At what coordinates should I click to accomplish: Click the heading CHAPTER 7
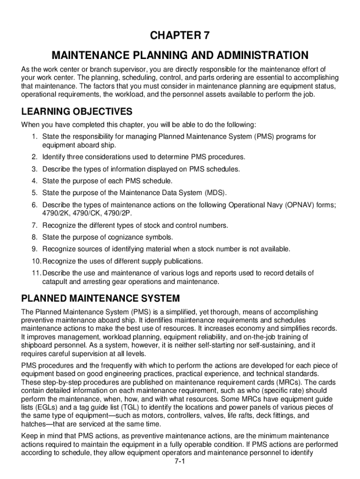pyautogui.click(x=180, y=36)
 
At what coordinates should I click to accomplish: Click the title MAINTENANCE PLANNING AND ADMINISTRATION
pyautogui.click(x=180, y=56)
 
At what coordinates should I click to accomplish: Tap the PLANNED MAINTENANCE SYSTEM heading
pyautogui.click(x=101, y=298)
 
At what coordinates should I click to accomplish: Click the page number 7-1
pyautogui.click(x=180, y=461)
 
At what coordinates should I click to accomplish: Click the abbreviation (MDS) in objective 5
pyautogui.click(x=215, y=193)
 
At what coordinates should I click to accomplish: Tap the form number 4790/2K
pyautogui.click(x=57, y=213)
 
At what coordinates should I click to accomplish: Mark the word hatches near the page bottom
pyautogui.click(x=35, y=424)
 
